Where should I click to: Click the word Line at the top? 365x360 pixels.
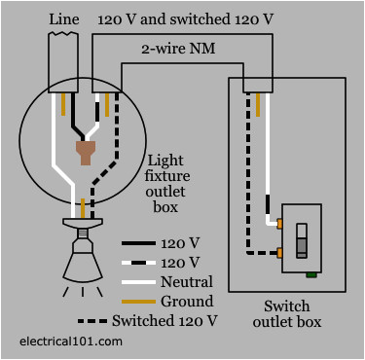tap(63, 18)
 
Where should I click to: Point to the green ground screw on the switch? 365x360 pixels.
tap(310, 273)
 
